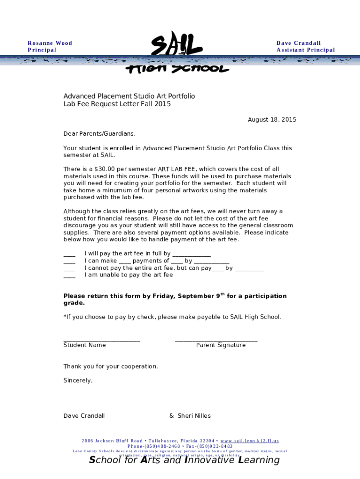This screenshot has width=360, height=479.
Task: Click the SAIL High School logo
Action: [x=177, y=52]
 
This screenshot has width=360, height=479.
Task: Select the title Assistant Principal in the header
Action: [x=305, y=50]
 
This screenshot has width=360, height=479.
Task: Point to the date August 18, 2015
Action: [x=272, y=120]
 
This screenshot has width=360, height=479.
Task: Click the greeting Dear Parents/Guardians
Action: [x=99, y=134]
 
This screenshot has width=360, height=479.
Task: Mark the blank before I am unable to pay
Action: [x=69, y=276]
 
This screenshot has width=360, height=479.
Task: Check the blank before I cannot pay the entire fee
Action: [x=69, y=269]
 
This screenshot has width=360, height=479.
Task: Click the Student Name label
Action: [x=85, y=345]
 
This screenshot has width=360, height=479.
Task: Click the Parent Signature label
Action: [x=221, y=345]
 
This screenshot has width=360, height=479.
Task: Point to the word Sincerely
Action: [x=78, y=381]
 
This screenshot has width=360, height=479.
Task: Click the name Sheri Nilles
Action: [x=194, y=416]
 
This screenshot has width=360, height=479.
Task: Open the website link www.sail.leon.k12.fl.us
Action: [x=249, y=441]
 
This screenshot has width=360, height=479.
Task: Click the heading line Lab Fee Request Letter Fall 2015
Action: [x=117, y=104]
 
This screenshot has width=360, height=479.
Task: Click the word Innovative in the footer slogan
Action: [x=210, y=460]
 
